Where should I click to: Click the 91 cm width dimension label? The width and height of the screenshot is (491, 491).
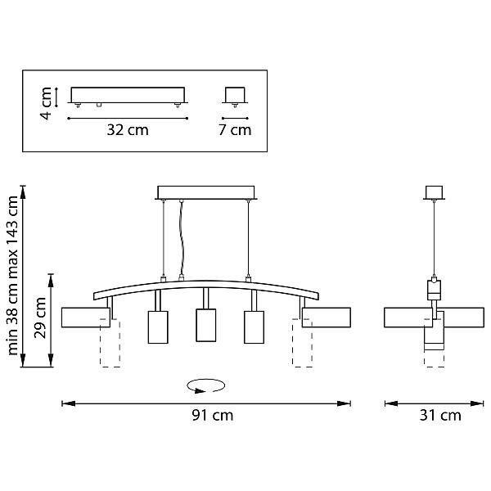[x=213, y=416]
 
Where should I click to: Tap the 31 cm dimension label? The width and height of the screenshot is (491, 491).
[x=440, y=416]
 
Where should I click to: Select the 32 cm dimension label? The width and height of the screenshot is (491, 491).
[x=128, y=129]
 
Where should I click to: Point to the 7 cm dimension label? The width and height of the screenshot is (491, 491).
[x=235, y=129]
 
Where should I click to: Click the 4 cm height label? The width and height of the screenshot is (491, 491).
[x=46, y=103]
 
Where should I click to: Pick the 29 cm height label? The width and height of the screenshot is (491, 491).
[x=40, y=318]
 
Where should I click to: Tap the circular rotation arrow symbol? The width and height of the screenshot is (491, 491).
[x=205, y=385]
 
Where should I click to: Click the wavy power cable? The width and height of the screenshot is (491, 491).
[x=182, y=238]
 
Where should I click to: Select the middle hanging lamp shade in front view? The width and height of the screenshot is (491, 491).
[x=205, y=325]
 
